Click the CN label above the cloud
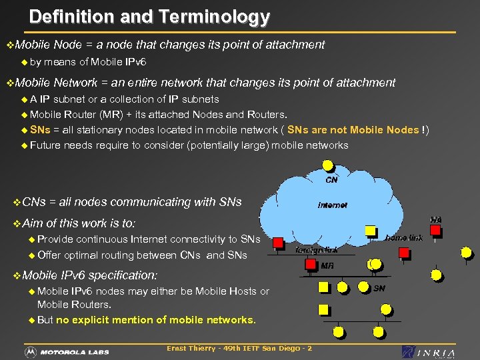[x=331, y=180]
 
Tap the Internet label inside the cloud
[x=332, y=205]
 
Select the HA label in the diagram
[x=435, y=219]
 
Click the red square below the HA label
[x=435, y=231]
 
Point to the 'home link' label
[x=404, y=237]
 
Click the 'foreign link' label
[x=317, y=250]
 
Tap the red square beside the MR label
[x=310, y=264]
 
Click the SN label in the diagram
[x=379, y=288]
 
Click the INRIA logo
[x=429, y=352]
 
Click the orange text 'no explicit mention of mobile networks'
[x=156, y=319]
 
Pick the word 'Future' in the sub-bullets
[x=45, y=145]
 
